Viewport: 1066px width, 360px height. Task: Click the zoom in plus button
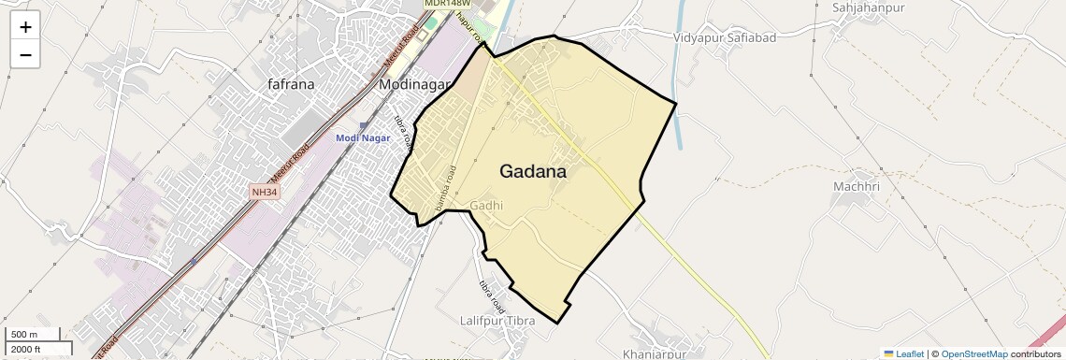pos(25,27)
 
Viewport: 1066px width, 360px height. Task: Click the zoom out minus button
pos(25,54)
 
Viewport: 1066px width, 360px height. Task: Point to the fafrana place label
pos(291,84)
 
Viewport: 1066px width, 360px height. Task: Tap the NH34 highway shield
pos(265,193)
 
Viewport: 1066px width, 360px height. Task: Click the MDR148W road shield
pos(445,4)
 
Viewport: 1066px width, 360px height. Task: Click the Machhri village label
pos(857,187)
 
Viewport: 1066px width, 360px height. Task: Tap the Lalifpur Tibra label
pos(497,321)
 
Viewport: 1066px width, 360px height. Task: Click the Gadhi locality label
pos(487,206)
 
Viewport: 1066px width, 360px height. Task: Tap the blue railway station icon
pos(364,125)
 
